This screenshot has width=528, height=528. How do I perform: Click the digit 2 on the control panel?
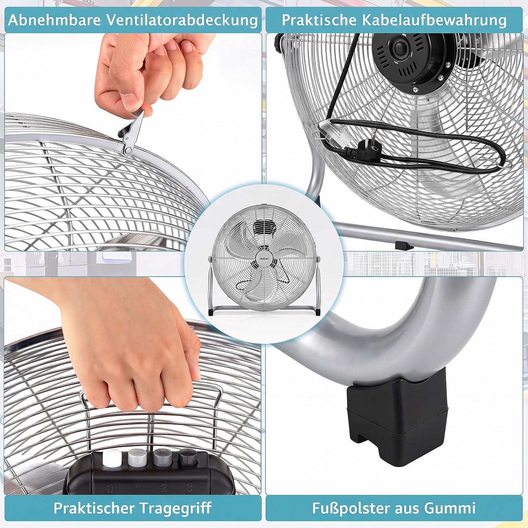click(x=164, y=488)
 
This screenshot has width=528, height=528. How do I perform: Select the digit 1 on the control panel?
click(x=137, y=488)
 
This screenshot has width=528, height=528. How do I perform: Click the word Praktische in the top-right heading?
click(x=319, y=20)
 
